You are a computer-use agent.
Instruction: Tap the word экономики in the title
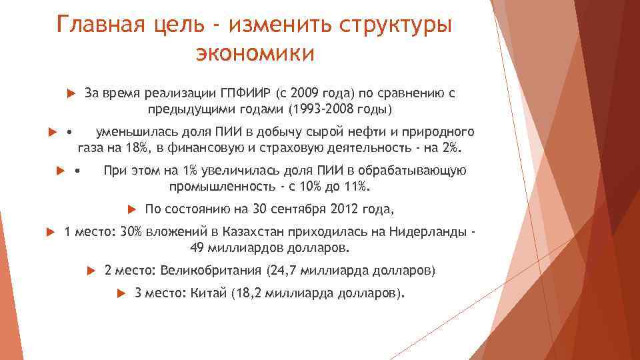[x=254, y=53]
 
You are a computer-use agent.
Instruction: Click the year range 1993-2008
[x=321, y=109]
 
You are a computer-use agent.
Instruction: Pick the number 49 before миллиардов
[x=198, y=249]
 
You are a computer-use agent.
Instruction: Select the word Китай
[x=209, y=293]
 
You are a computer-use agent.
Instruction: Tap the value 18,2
[x=247, y=293]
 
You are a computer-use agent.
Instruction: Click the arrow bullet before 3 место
[x=121, y=293]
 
